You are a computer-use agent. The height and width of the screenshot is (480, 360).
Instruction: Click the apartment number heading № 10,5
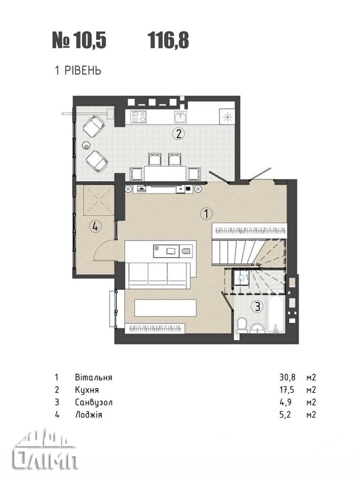click(x=79, y=41)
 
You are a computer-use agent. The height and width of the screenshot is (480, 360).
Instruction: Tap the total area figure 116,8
click(x=168, y=41)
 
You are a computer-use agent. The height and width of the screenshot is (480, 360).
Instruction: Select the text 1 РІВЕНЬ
click(x=78, y=71)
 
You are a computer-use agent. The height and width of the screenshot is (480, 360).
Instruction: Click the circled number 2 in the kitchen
click(x=178, y=134)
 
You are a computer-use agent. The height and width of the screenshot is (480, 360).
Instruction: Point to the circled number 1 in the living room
click(x=206, y=214)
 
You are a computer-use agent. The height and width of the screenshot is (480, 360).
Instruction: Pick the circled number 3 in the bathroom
click(x=258, y=306)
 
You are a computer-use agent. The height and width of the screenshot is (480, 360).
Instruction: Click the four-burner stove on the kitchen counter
click(x=138, y=117)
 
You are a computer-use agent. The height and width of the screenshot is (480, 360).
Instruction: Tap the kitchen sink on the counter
click(x=180, y=117)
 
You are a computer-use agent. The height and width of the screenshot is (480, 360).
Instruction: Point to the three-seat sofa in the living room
click(x=159, y=276)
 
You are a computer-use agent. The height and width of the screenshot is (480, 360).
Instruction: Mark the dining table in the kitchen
click(x=165, y=174)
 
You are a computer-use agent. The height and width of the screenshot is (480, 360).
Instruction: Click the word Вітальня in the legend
click(x=94, y=378)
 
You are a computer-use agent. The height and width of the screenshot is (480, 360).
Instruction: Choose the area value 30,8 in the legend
click(x=287, y=378)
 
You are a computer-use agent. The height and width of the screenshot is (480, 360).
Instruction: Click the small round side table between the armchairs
click(x=86, y=145)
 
